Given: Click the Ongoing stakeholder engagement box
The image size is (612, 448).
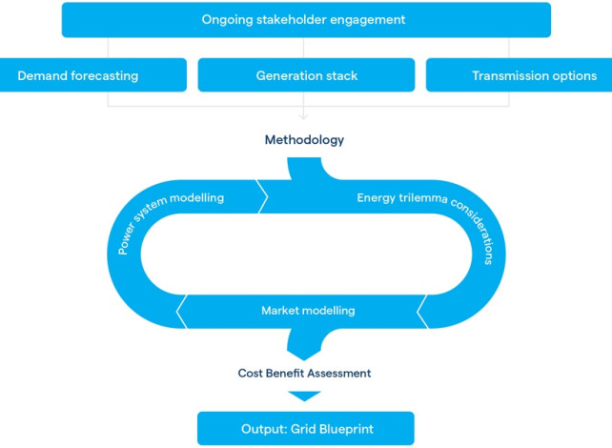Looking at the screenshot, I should pos(306,19).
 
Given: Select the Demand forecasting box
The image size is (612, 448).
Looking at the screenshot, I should pos(93,75).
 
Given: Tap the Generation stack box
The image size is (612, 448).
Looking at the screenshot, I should pos(306,75).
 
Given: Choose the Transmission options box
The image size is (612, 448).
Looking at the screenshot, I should pos(519,75).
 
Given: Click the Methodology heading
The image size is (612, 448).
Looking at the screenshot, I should pos(304,140).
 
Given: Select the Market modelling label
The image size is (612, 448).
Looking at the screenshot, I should pos(308,311).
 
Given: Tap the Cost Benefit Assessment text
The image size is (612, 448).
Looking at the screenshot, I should pos(305,373).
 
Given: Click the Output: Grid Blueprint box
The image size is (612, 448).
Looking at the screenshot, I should pos(306,428).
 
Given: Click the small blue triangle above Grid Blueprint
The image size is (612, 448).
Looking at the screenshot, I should pos(305,396).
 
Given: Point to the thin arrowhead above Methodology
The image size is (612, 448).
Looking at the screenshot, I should pos(304,116).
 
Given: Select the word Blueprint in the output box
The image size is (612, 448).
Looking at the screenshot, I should pos(353,428).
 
